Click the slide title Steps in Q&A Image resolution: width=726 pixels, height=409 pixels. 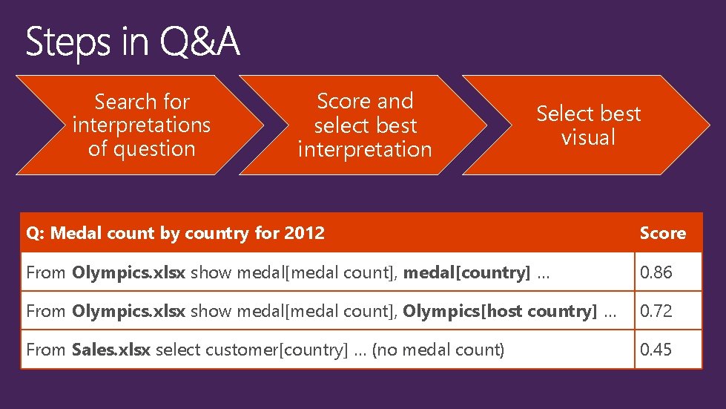pos(133,42)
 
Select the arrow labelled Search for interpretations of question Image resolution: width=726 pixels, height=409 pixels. pos(141,125)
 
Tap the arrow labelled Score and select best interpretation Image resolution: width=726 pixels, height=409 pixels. pos(364,125)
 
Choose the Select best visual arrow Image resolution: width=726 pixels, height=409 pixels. pos(588,125)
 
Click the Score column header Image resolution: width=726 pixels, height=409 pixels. pos(662,233)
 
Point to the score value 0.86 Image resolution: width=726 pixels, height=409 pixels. pos(656,272)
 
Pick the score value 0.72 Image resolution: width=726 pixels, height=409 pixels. pos(656,311)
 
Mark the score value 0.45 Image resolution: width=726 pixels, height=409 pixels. pos(656,350)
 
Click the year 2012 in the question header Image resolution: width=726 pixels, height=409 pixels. pos(304,233)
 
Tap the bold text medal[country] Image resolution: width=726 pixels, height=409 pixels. pos(466,272)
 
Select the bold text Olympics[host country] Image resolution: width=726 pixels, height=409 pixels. pos(499,311)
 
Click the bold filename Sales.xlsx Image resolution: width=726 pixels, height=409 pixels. pos(111,350)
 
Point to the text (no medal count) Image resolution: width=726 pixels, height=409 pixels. pos(438,350)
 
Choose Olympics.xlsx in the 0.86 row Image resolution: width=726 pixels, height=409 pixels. pos(129,272)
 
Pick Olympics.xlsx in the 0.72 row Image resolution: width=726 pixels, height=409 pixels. pos(129,311)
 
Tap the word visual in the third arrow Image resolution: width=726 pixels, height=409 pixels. pos(588,137)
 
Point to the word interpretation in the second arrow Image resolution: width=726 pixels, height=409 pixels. pos(364,149)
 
